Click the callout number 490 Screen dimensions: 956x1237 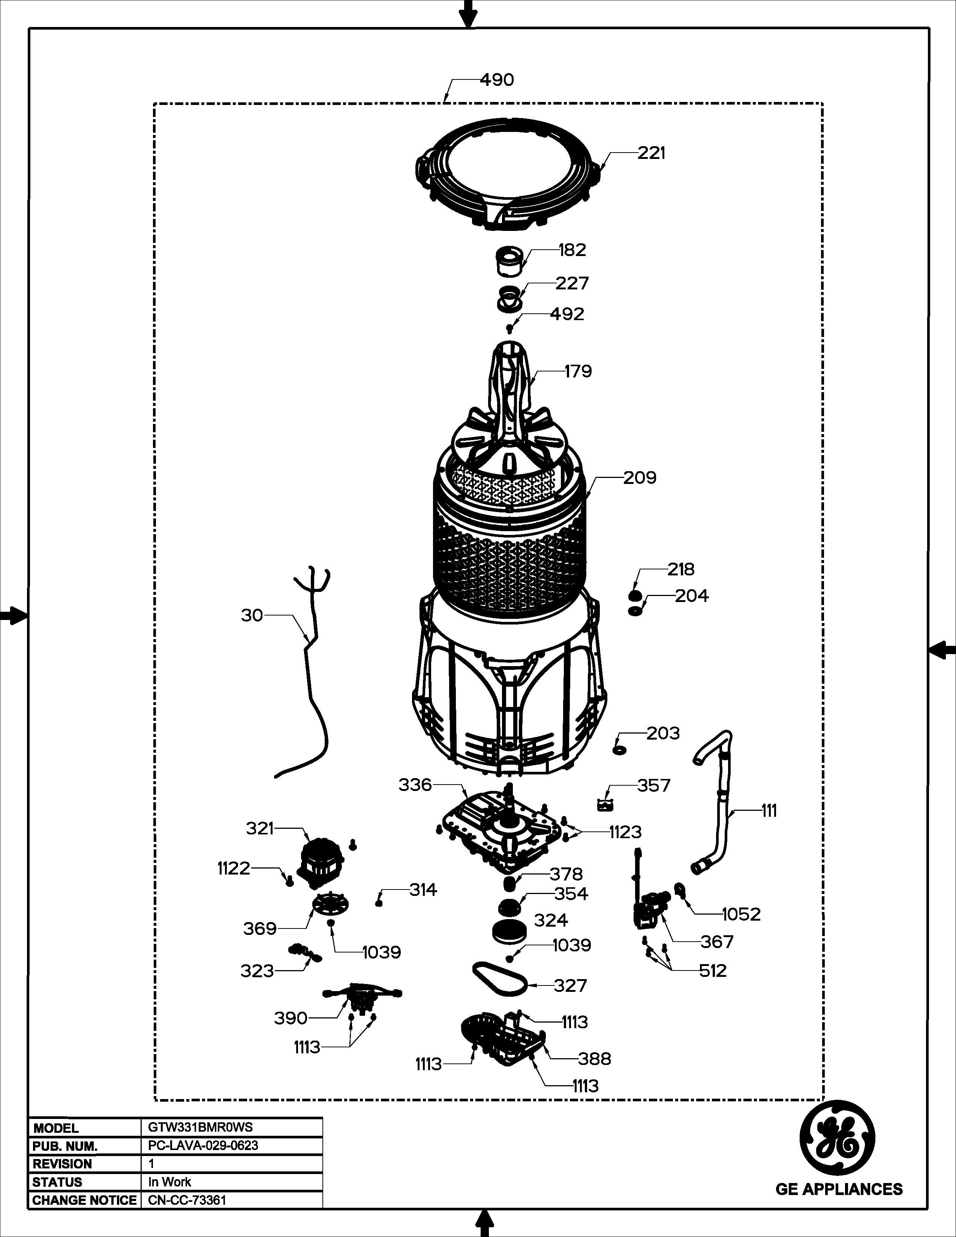pos(497,80)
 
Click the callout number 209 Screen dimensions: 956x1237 pos(640,478)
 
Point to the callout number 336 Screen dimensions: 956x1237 pos(415,785)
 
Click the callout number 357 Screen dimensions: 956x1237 pos(653,786)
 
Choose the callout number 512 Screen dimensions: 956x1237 pos(712,971)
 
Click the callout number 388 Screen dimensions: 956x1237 pos(595,1059)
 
